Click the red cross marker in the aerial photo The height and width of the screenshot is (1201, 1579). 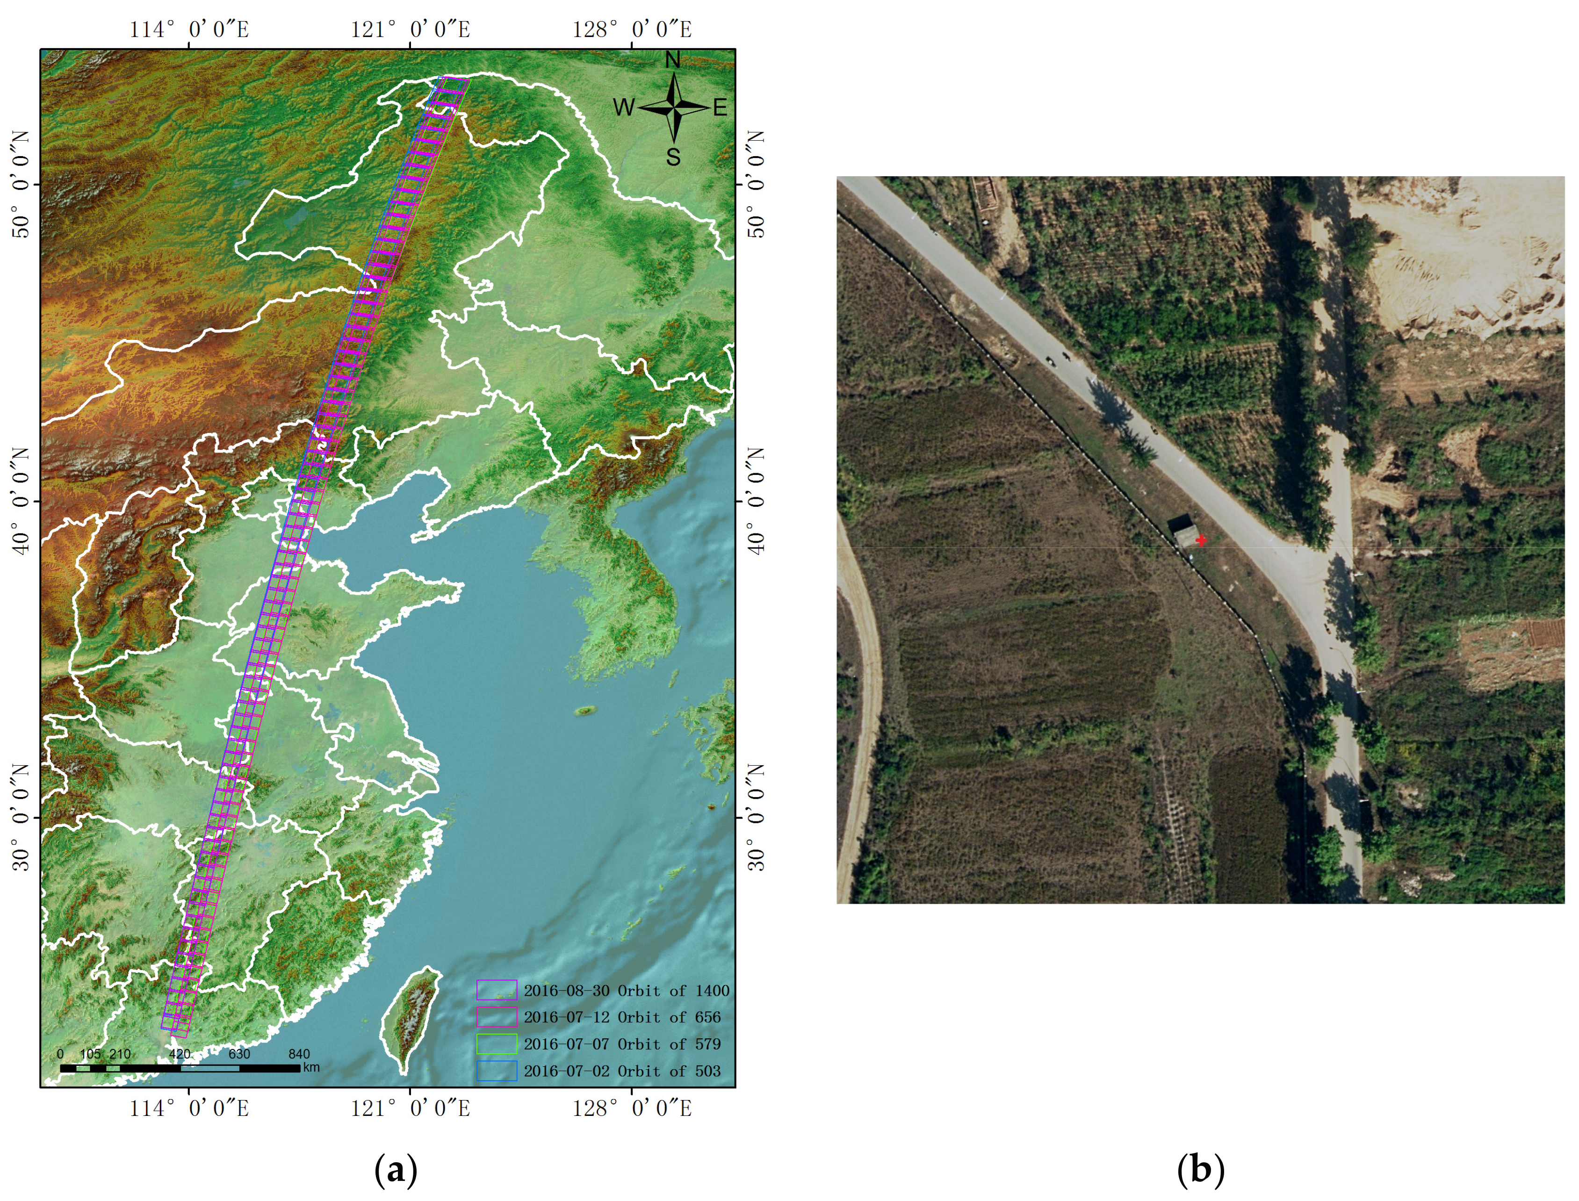click(1202, 540)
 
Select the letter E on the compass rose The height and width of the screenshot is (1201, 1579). click(720, 108)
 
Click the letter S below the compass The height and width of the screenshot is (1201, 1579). click(673, 157)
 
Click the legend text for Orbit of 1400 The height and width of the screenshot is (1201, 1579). click(626, 991)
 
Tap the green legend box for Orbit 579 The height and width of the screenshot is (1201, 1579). click(496, 1044)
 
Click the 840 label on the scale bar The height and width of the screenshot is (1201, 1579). click(299, 1054)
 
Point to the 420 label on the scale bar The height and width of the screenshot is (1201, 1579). click(180, 1054)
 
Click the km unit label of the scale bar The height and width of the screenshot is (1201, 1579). click(311, 1067)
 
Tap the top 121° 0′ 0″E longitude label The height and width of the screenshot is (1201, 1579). click(411, 29)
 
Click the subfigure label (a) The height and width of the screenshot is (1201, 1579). click(395, 1170)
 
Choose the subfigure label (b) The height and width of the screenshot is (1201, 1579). click(1200, 1170)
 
